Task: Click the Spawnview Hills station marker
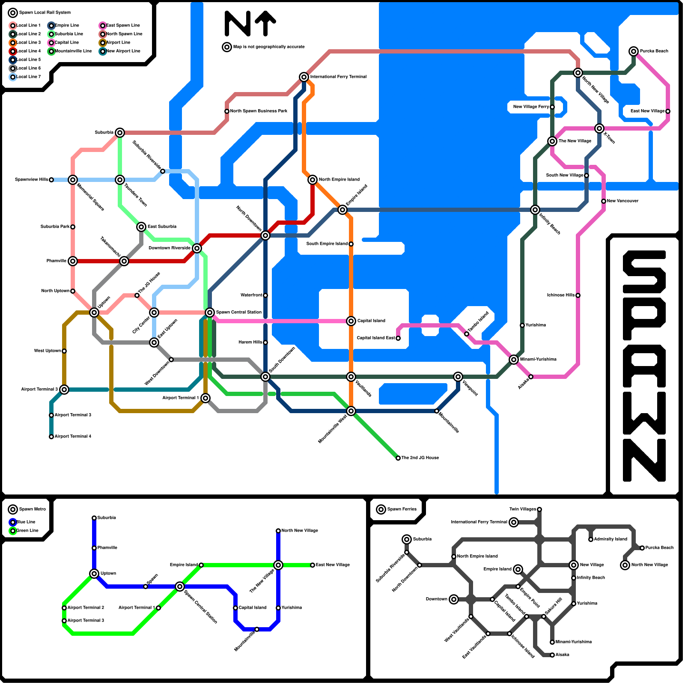51,180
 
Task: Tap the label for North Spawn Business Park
259,111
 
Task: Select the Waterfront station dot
265,295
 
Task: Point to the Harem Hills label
250,342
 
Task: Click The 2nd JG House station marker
398,458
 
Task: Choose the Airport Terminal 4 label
73,437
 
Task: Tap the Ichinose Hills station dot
578,295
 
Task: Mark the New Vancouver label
622,201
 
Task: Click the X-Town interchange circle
599,128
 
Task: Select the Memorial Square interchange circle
73,180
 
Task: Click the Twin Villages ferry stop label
523,509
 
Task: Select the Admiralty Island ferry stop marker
591,539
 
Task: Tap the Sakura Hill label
553,607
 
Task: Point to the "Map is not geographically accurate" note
269,47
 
